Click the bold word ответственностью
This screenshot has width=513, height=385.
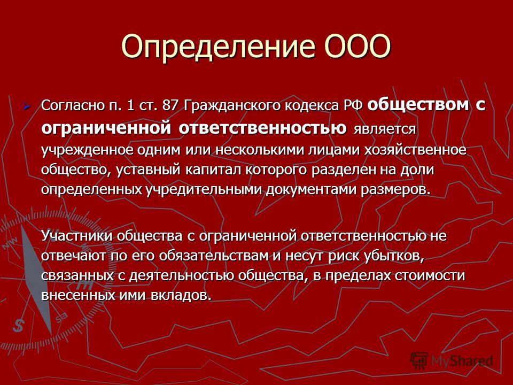click(x=262, y=127)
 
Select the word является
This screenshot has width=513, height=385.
click(x=384, y=129)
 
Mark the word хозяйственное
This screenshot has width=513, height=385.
click(x=415, y=150)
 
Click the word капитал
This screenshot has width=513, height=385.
click(x=213, y=170)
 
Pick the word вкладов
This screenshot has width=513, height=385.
click(x=180, y=295)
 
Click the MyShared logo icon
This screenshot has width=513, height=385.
click(x=419, y=361)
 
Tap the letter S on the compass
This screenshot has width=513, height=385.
click(x=18, y=325)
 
